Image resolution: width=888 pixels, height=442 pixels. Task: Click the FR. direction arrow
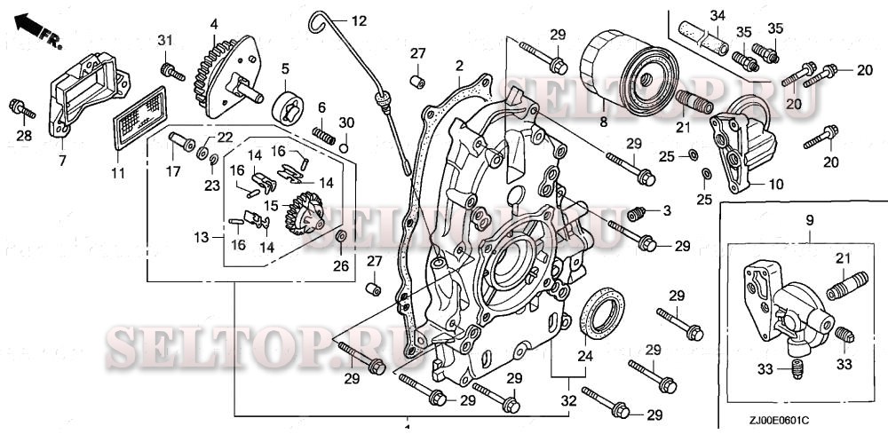tap(37, 30)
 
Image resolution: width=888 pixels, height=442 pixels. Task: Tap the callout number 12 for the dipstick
tap(359, 21)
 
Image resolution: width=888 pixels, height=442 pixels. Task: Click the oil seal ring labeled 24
tap(604, 313)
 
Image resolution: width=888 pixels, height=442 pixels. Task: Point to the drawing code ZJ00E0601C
tap(780, 420)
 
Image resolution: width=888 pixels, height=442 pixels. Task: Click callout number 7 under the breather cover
tap(62, 161)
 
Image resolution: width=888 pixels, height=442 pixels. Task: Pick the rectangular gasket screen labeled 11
tap(139, 118)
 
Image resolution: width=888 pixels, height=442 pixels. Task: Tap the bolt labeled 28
tap(22, 109)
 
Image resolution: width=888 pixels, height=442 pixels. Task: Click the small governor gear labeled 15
tap(304, 213)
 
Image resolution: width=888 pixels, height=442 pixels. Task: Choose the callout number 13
tap(202, 238)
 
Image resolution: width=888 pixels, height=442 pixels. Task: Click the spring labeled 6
tap(324, 135)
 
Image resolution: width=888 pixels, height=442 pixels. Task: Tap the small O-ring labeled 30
tap(343, 148)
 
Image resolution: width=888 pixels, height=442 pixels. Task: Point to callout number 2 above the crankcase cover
tap(459, 66)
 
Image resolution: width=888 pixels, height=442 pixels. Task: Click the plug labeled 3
tap(637, 215)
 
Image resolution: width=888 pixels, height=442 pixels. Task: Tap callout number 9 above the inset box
tap(809, 220)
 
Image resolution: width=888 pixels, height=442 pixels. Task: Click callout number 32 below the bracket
tap(568, 400)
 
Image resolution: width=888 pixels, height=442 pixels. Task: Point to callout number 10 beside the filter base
tap(776, 185)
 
